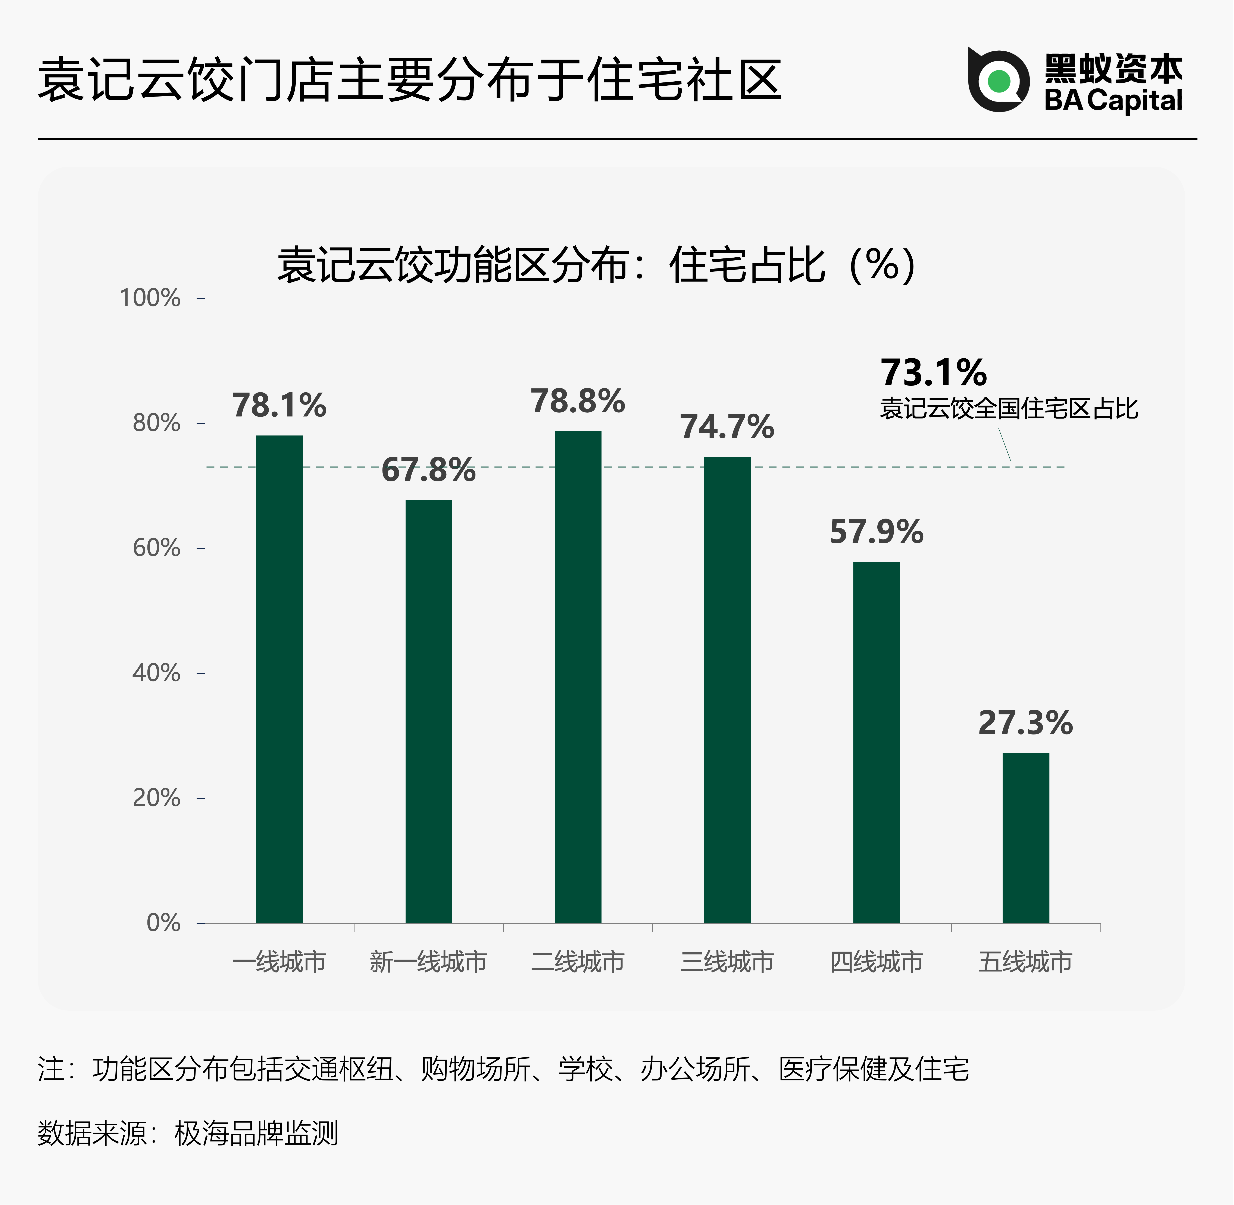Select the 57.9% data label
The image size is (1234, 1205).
876,532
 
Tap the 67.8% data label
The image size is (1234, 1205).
429,470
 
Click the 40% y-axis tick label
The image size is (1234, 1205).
156,673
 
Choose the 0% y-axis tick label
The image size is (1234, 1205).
163,923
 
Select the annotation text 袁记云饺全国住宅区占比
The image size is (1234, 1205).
1009,408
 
